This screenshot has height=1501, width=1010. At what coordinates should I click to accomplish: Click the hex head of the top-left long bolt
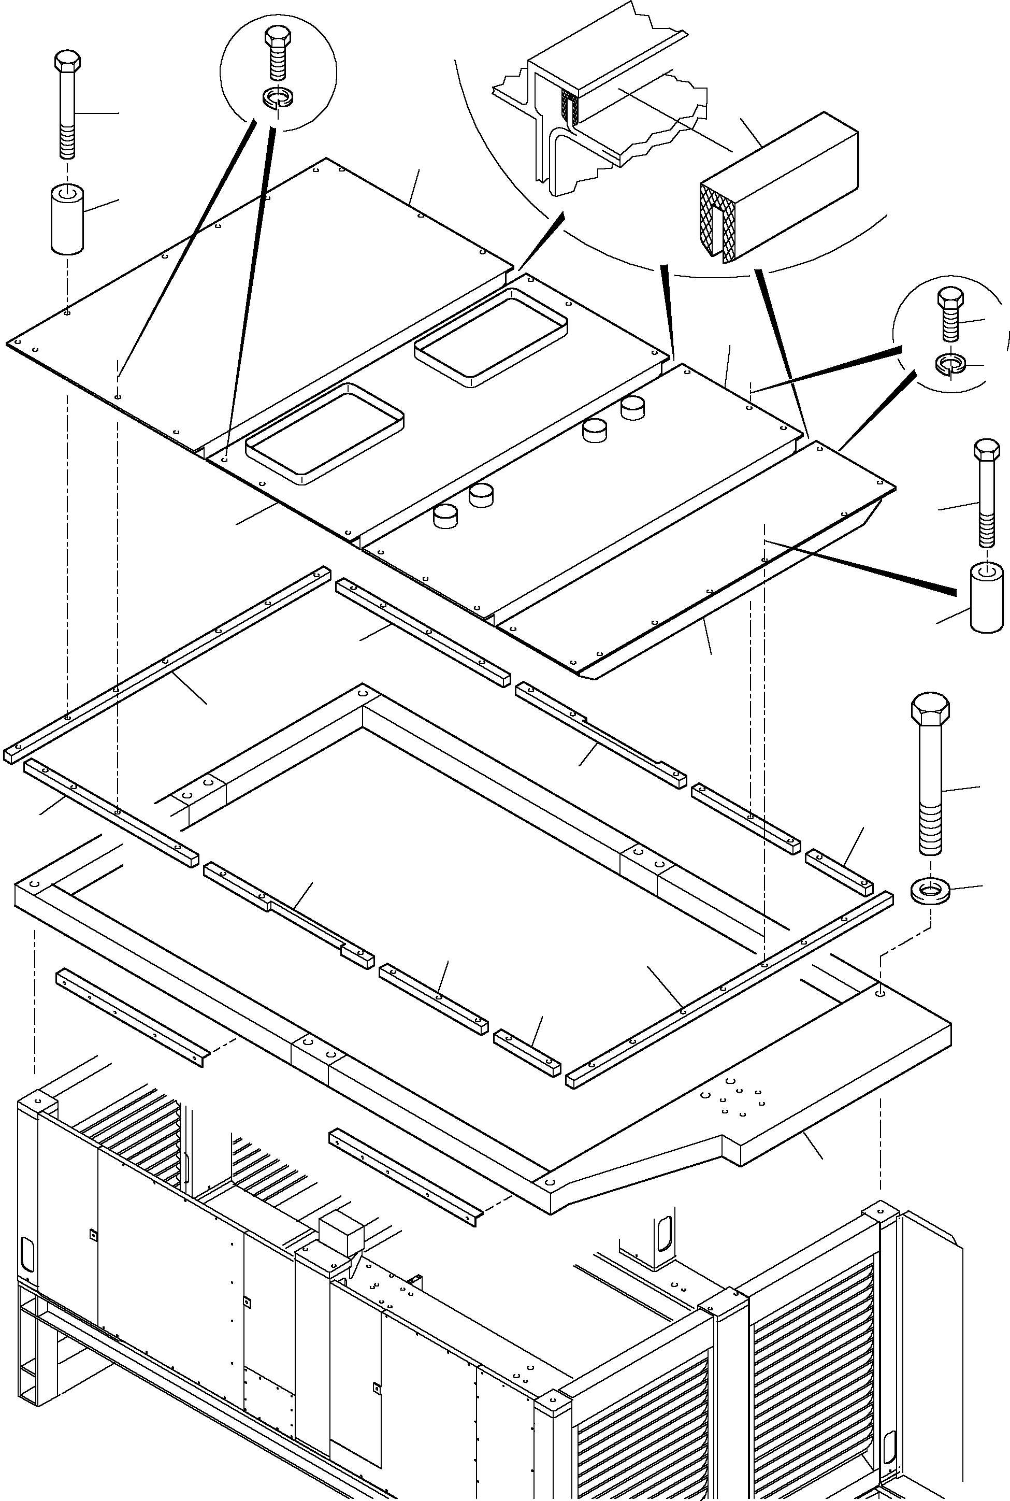[x=67, y=63]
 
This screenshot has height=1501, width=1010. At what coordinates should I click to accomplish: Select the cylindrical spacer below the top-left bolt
[x=67, y=220]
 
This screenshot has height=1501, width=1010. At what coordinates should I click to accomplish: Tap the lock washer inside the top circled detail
[x=278, y=98]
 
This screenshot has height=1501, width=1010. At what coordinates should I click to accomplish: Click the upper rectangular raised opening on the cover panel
[x=491, y=337]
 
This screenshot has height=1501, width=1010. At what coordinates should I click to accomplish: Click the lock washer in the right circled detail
[x=949, y=364]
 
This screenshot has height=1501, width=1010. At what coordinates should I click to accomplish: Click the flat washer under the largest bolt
[x=930, y=892]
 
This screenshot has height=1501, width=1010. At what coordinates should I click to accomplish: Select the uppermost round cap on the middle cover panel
[x=632, y=408]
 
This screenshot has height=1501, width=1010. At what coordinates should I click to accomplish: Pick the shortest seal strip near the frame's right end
[x=839, y=872]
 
